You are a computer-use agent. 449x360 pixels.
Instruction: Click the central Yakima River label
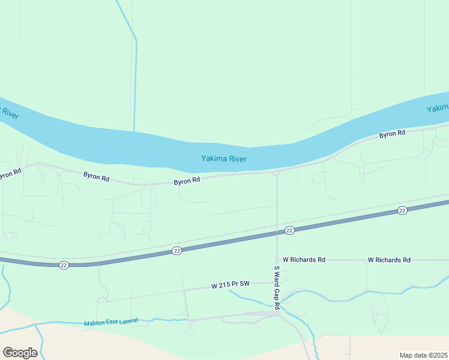(x=224, y=159)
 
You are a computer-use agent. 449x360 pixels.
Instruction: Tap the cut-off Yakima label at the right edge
(x=438, y=109)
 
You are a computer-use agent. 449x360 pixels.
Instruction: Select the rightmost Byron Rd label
(x=392, y=134)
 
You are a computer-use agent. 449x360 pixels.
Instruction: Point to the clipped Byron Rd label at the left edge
(x=10, y=174)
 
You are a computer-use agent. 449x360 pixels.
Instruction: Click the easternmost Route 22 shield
(x=402, y=210)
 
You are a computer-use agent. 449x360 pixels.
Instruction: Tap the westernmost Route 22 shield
(x=63, y=265)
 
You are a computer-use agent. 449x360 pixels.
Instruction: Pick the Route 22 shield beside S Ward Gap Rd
(x=289, y=230)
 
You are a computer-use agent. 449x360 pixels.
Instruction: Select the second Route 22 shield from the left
(x=176, y=250)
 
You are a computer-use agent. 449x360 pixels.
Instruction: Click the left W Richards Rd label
(x=304, y=260)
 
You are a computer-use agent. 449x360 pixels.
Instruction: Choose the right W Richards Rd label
(x=389, y=260)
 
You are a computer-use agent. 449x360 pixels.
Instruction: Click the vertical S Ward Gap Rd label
(x=277, y=287)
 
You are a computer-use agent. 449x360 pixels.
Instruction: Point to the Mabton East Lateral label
(x=111, y=322)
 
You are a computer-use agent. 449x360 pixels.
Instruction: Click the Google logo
(x=20, y=353)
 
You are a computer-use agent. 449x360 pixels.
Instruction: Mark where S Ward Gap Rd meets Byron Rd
(x=277, y=173)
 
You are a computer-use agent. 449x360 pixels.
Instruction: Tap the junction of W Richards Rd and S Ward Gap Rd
(x=277, y=260)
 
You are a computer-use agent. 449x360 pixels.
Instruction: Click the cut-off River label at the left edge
(x=8, y=112)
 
